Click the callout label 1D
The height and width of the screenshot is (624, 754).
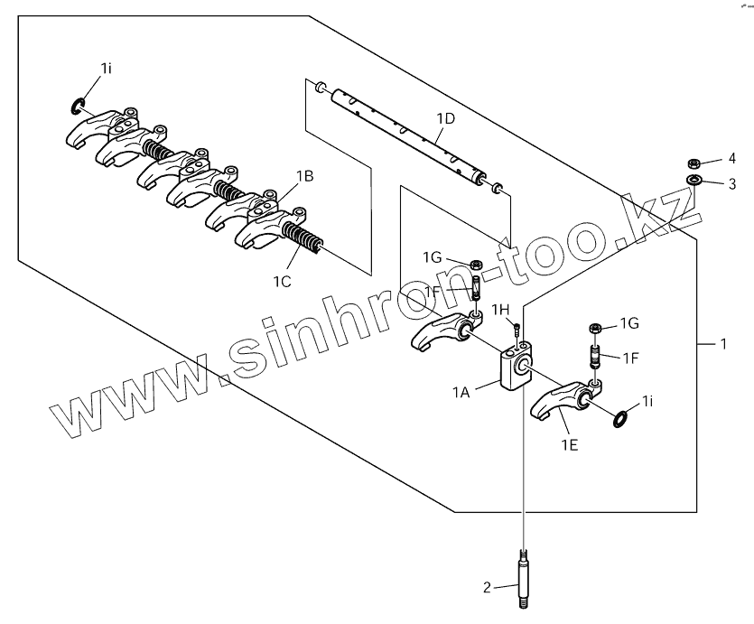coord(445,118)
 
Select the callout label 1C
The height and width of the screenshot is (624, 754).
coord(283,282)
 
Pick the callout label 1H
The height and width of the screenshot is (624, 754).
coord(501,310)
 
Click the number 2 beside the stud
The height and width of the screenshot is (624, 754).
coord(487,588)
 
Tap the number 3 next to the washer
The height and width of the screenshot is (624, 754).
coord(732,184)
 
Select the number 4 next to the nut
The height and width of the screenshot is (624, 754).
coord(732,160)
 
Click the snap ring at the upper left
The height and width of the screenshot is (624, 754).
coord(79,109)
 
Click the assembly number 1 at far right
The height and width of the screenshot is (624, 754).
coord(721,344)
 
